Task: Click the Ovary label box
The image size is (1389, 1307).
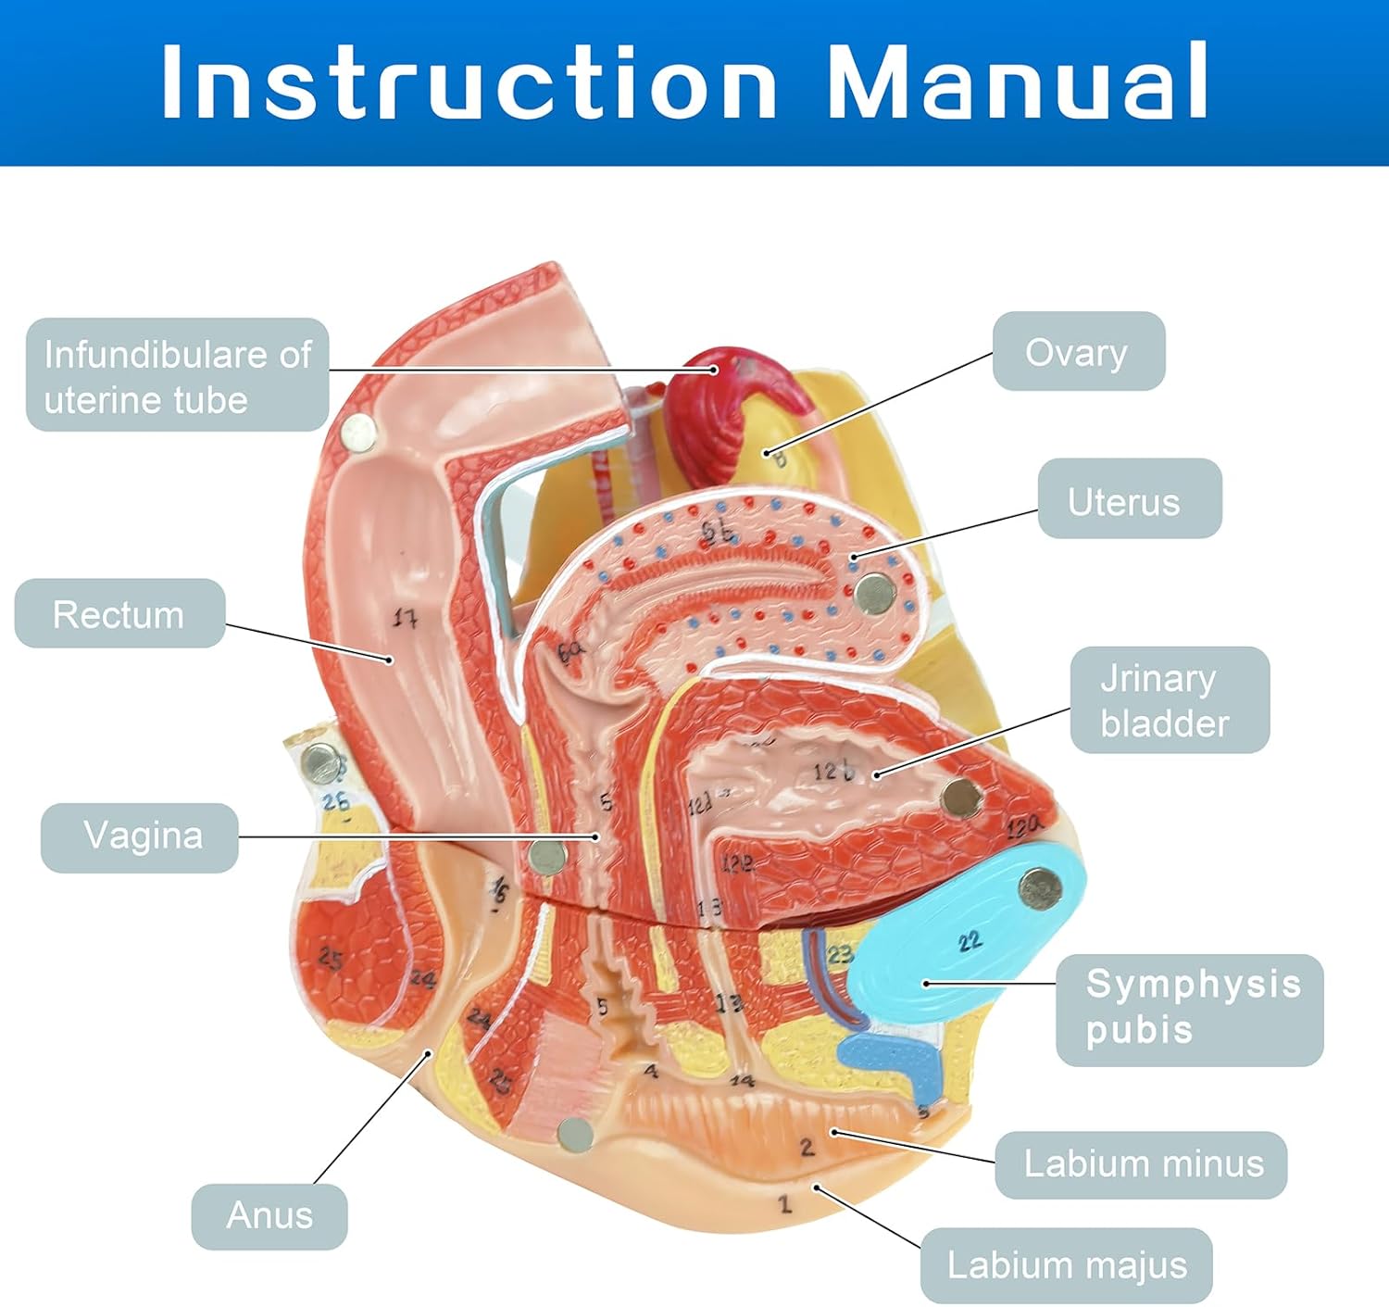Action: pyautogui.click(x=1078, y=351)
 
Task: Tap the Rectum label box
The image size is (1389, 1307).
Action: pyautogui.click(x=119, y=613)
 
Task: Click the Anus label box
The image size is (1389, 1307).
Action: pyautogui.click(x=269, y=1215)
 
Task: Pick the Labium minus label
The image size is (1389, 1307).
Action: pyautogui.click(x=1141, y=1164)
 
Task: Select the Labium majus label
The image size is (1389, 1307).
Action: pyautogui.click(x=1066, y=1265)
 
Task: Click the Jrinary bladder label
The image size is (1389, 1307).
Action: pyautogui.click(x=1169, y=700)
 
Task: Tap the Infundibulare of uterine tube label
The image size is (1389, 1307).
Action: pyautogui.click(x=177, y=375)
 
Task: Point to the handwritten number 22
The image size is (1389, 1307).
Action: pyautogui.click(x=970, y=942)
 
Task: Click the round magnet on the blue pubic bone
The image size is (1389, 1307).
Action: pyautogui.click(x=1039, y=890)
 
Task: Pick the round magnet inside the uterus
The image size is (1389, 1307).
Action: pyautogui.click(x=872, y=594)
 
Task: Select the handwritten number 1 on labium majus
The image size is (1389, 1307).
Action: pyautogui.click(x=785, y=1203)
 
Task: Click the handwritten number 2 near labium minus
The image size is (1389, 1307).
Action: pyautogui.click(x=807, y=1147)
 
